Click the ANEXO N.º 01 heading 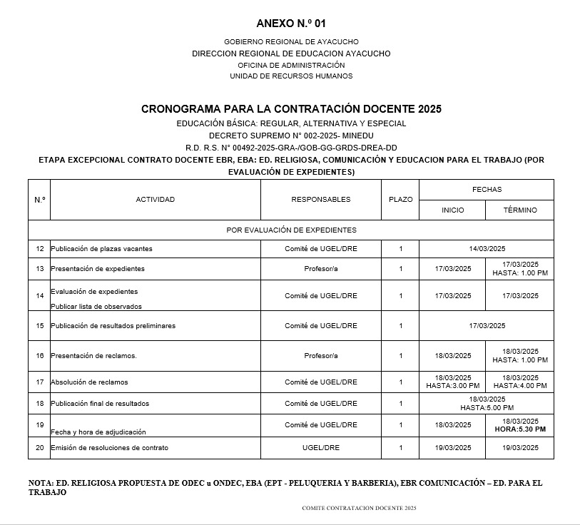pyautogui.click(x=290, y=24)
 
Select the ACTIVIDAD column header pyautogui.click(x=155, y=200)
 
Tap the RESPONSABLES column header pyautogui.click(x=320, y=200)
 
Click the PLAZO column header pyautogui.click(x=400, y=200)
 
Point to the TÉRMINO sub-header pyautogui.click(x=519, y=210)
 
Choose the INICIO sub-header pyautogui.click(x=452, y=210)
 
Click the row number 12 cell pyautogui.click(x=40, y=249)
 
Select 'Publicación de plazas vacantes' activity pyautogui.click(x=101, y=249)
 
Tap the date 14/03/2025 pyautogui.click(x=487, y=249)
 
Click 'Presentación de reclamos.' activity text pyautogui.click(x=93, y=356)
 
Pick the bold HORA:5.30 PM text pyautogui.click(x=519, y=429)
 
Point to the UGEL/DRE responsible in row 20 pyautogui.click(x=320, y=448)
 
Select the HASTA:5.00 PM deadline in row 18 pyautogui.click(x=487, y=408)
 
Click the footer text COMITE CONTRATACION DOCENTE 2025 pyautogui.click(x=359, y=508)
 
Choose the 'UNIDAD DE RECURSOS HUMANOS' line pyautogui.click(x=290, y=76)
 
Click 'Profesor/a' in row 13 pyautogui.click(x=320, y=269)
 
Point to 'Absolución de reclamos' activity pyautogui.click(x=89, y=382)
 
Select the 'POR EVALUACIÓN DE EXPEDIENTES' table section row pyautogui.click(x=290, y=230)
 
